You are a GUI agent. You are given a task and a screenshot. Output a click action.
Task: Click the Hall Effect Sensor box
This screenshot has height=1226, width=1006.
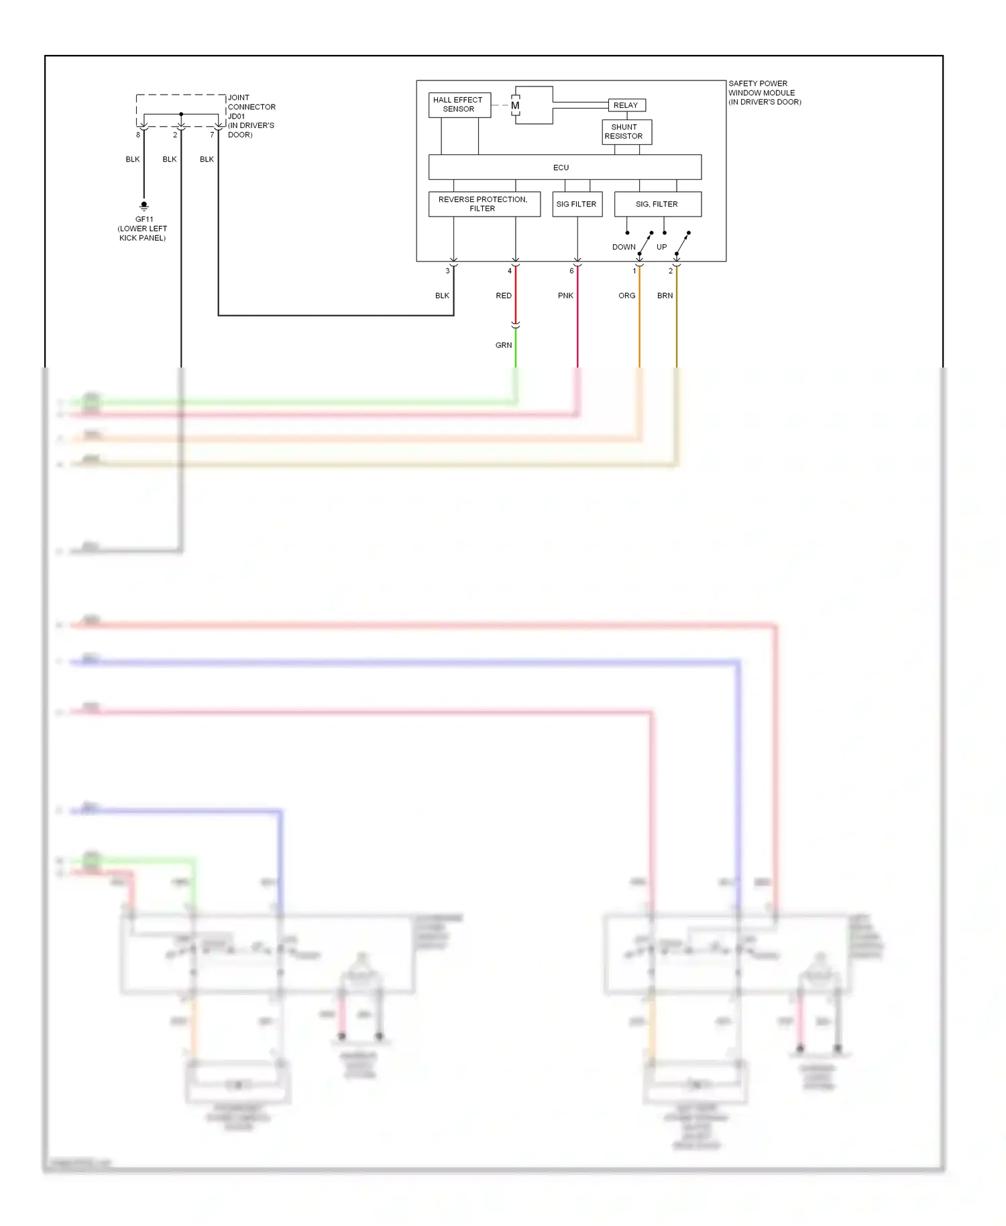459,105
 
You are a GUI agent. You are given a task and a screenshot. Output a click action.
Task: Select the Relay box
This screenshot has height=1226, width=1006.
626,105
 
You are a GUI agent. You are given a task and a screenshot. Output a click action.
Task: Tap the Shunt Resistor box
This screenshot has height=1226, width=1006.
626,131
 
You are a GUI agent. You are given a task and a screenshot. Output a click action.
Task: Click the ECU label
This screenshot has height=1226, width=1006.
561,168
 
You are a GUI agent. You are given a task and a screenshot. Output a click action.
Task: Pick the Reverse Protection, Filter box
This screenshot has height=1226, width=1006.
484,204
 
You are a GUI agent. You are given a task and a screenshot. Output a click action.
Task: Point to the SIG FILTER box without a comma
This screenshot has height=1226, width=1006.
577,204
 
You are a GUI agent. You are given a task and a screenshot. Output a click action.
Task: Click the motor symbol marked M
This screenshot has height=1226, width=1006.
515,105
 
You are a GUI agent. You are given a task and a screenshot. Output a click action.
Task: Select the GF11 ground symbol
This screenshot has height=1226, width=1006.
144,206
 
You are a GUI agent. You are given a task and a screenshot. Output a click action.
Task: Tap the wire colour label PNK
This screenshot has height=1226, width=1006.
565,296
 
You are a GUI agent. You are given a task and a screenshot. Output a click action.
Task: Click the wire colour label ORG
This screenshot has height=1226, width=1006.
626,296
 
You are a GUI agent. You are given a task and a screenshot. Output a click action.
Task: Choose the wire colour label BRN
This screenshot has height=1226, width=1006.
665,296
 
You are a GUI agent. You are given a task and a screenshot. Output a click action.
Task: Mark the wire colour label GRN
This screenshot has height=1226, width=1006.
503,345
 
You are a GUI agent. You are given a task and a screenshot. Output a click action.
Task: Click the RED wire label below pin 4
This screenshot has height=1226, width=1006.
503,296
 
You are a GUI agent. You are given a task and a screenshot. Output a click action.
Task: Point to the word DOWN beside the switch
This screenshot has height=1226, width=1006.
623,247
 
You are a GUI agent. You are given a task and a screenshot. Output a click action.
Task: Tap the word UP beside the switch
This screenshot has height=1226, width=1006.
661,247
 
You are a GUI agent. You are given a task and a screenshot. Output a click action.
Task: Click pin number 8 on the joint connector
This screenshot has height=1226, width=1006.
138,135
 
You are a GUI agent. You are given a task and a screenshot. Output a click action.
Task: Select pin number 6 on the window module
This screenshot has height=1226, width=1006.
571,271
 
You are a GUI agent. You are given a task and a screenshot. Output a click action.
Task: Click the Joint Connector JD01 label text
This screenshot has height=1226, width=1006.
251,116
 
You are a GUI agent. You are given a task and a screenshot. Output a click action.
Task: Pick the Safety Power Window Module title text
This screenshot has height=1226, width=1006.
764,93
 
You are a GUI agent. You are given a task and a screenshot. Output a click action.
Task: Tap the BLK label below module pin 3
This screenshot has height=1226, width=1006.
442,296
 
